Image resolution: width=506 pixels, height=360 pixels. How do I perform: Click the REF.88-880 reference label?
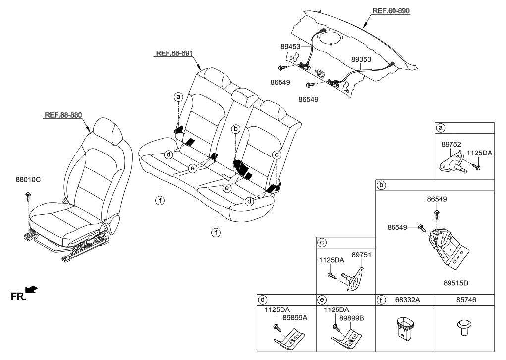pos(63,115)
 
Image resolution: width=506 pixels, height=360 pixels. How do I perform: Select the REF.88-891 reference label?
pos(173,54)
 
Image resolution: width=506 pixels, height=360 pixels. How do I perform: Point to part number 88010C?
pos(28,180)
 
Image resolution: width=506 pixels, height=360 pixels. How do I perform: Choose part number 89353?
pos(362,59)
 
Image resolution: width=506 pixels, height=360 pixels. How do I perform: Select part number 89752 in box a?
pos(452,145)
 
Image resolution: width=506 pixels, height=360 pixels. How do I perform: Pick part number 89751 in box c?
pos(361,255)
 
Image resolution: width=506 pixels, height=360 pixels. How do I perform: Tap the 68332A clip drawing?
pos(405,329)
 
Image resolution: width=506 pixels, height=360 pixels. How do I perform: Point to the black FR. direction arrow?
pos(31,289)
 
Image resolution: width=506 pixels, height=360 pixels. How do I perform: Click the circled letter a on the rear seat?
pos(178,97)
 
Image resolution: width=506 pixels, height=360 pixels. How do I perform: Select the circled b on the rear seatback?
pos(236,129)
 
